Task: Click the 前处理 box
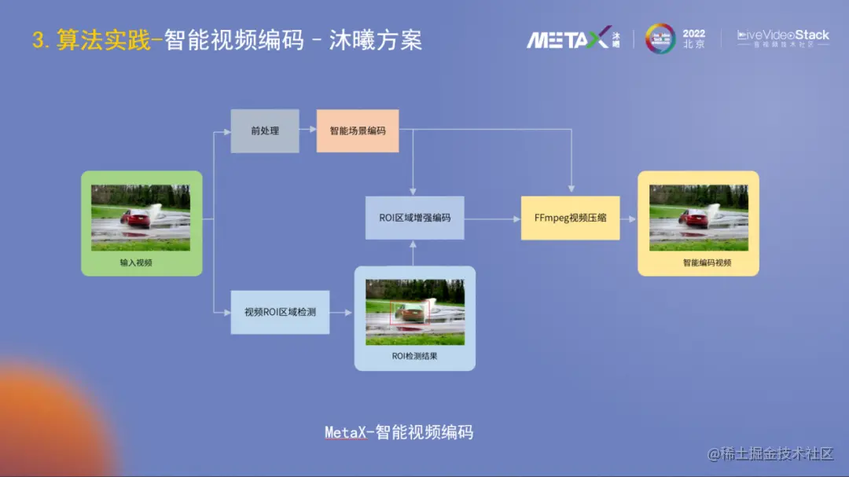[x=264, y=130]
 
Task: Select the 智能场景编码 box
[x=358, y=130]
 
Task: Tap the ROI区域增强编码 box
[x=414, y=218]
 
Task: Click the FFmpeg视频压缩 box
[x=570, y=218]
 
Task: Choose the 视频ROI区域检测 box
[x=280, y=312]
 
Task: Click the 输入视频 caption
[x=136, y=263]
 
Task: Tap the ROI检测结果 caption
[x=414, y=356]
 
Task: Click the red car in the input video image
[x=137, y=220]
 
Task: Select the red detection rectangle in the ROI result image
[x=410, y=312]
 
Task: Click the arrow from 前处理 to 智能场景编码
[x=307, y=130]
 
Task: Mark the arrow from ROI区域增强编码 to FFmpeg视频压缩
[x=492, y=218]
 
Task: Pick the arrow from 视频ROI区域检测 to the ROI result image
[x=342, y=312]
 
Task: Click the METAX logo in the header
[x=568, y=39]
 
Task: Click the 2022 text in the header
[x=694, y=34]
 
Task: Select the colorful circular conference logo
[x=660, y=39]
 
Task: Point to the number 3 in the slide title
[x=37, y=40]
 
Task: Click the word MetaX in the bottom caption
[x=345, y=432]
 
